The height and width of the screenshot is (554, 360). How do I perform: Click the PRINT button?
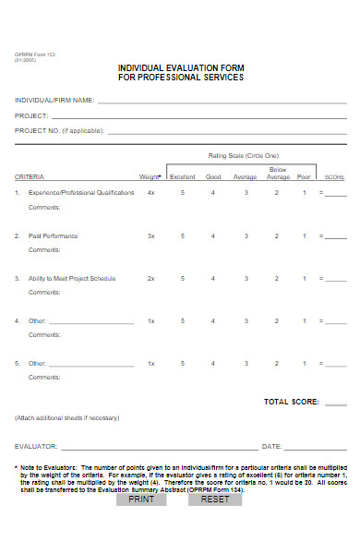tap(141, 500)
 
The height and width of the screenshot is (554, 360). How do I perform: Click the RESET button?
tap(214, 500)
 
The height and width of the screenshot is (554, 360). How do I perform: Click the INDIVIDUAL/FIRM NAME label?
tap(54, 100)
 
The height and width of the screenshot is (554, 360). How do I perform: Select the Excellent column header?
tap(182, 176)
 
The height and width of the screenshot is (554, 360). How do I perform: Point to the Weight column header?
tap(150, 176)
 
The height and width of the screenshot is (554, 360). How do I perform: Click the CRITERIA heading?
tap(30, 176)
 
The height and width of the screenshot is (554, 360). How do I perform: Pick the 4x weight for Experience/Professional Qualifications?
tap(151, 193)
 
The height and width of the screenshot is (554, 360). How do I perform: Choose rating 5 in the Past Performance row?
tap(183, 236)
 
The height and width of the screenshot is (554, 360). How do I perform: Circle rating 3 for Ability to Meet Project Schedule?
tap(246, 278)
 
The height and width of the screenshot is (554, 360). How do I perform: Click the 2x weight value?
tap(151, 278)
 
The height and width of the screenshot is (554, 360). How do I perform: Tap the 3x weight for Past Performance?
tap(151, 236)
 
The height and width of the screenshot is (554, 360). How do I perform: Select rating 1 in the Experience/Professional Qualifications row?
tap(305, 193)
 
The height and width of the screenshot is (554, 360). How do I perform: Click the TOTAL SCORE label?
tap(292, 403)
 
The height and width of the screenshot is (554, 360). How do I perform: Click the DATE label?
tap(271, 446)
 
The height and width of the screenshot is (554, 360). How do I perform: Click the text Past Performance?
tap(54, 236)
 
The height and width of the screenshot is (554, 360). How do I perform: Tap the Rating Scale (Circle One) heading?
tap(244, 156)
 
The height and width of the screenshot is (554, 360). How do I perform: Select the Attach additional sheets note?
tap(67, 418)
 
